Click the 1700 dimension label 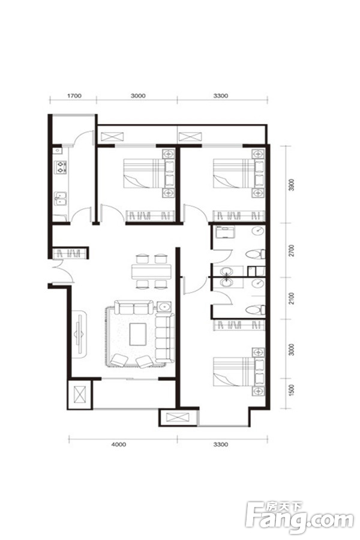pyautogui.click(x=74, y=95)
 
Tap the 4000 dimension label pyautogui.click(x=119, y=444)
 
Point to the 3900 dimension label pyautogui.click(x=292, y=185)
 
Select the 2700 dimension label pyautogui.click(x=292, y=250)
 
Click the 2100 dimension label pyautogui.click(x=292, y=298)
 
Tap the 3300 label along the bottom pyautogui.click(x=220, y=444)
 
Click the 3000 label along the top pyautogui.click(x=138, y=95)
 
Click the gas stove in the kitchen pyautogui.click(x=61, y=167)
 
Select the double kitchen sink pyautogui.click(x=60, y=199)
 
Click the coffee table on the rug pyautogui.click(x=138, y=334)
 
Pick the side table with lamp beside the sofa pyautogui.click(x=164, y=306)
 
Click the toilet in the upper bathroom pyautogui.click(x=256, y=254)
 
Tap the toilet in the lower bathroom pyautogui.click(x=256, y=310)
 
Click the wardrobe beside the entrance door pyautogui.click(x=71, y=253)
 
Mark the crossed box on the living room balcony pyautogui.click(x=80, y=394)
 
